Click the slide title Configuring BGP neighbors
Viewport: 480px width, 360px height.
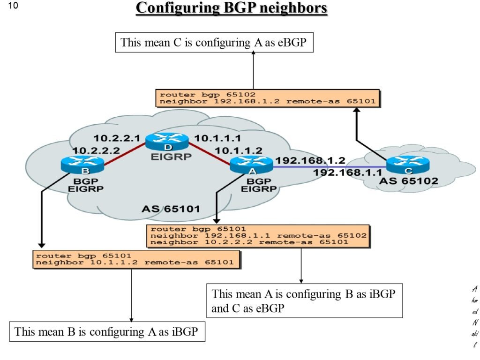pos(231,8)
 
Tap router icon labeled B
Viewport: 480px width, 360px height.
pos(82,164)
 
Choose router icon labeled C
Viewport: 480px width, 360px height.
pos(408,165)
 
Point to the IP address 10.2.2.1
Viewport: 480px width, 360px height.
pos(117,138)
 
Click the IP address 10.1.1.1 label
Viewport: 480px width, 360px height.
pos(217,138)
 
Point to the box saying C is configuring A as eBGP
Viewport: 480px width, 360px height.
pos(214,43)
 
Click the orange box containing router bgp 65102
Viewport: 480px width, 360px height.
pos(267,97)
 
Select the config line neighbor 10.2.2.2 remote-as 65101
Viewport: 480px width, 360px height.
pos(249,242)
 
